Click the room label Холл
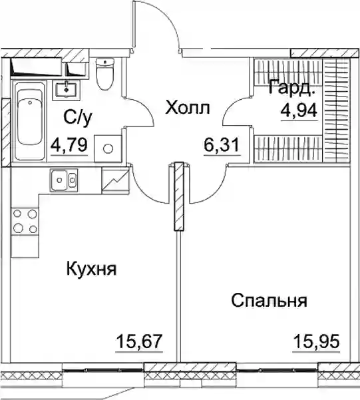188,108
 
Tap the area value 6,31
222,144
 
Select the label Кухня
92,269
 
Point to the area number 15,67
139,341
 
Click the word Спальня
270,300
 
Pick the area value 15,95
316,341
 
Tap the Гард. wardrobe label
291,88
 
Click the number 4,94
299,110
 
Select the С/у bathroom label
78,118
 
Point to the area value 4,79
69,144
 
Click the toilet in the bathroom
105,74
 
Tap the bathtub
29,120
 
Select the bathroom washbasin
67,89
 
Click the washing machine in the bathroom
108,148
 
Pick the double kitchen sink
64,180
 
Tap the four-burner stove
25,221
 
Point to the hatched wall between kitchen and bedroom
179,196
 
